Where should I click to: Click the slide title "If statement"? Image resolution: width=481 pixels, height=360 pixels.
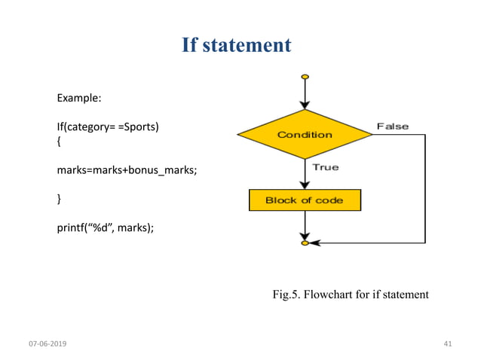tap(236, 46)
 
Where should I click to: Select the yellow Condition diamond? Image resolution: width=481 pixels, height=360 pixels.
tap(305, 135)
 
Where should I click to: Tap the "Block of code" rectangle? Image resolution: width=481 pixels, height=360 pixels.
tap(305, 200)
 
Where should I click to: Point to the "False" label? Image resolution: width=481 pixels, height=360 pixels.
tap(392, 127)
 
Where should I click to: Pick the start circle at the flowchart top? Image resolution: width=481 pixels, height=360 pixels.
tap(305, 77)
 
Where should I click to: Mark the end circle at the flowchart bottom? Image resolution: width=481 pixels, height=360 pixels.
tap(305, 243)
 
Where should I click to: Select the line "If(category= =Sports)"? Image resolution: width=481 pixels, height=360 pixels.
tap(108, 126)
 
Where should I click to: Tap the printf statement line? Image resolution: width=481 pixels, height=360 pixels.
tap(105, 226)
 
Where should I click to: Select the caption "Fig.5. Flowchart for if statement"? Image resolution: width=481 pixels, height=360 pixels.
tap(350, 294)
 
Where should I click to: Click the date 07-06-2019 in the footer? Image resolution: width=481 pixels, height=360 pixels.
tap(47, 343)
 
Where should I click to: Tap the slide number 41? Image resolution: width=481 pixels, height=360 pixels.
tap(448, 343)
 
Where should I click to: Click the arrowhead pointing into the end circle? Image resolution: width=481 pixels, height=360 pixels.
tap(314, 243)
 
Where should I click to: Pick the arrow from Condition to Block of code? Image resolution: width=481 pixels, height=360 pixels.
tap(305, 173)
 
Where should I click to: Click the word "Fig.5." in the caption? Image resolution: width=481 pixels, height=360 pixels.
tap(286, 294)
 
